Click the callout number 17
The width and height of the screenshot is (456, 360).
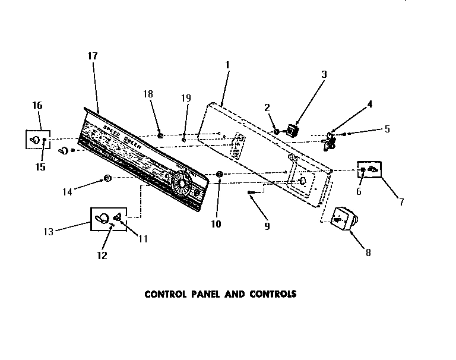[92, 56]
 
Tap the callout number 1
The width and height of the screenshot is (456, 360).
[227, 64]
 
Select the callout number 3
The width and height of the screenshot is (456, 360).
[324, 74]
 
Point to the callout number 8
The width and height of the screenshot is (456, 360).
[368, 252]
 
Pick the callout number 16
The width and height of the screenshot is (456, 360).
[37, 105]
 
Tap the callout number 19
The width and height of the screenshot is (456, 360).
[186, 98]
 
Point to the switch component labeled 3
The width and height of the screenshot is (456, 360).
[292, 130]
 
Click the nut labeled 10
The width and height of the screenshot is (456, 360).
[219, 174]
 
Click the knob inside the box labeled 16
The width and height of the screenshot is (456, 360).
[35, 140]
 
